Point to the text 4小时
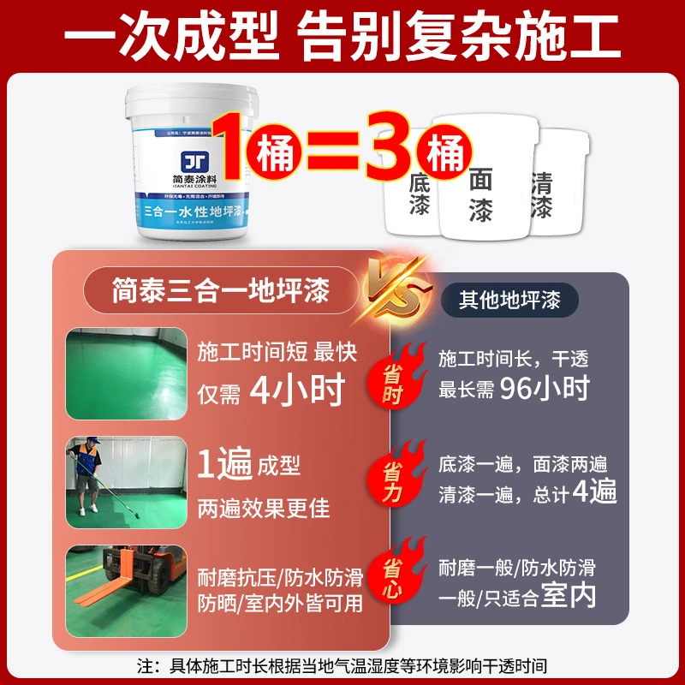tap(296, 390)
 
